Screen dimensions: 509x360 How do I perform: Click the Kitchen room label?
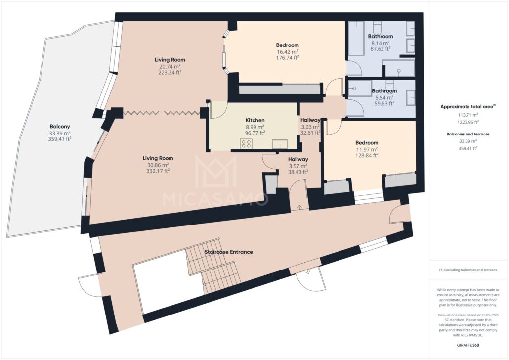point(255,120)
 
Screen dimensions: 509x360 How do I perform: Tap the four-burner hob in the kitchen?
point(246,143)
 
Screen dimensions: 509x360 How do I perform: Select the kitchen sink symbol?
point(280,143)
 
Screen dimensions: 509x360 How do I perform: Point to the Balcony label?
point(60,127)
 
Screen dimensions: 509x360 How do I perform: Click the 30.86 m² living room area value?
point(158,164)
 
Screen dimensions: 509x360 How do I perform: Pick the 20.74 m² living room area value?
point(170,66)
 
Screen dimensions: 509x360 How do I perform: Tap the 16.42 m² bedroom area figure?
point(287,51)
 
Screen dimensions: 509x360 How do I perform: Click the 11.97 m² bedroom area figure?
point(367,149)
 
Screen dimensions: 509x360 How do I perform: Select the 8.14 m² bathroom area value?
point(381,43)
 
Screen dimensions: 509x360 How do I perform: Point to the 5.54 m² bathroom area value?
point(384,97)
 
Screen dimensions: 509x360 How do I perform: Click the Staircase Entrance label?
point(228,252)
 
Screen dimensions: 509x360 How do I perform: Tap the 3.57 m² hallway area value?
point(298,166)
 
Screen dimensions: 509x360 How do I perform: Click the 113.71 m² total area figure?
point(468,115)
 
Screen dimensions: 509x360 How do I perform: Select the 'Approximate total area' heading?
point(467,107)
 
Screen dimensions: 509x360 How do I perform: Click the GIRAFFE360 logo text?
point(467,345)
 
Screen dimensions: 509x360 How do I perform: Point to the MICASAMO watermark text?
point(215,198)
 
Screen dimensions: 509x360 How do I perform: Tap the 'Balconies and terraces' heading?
point(468,134)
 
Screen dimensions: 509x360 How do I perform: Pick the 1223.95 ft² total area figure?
point(468,122)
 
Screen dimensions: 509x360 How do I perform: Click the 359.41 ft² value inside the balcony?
point(60,139)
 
